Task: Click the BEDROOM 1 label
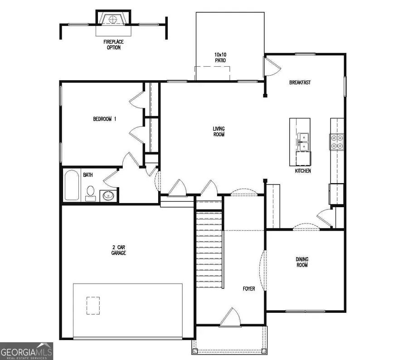(105, 119)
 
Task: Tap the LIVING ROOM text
(219, 131)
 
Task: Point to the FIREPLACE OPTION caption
(113, 44)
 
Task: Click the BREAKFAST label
(300, 83)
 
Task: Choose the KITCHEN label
(303, 171)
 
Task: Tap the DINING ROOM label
(302, 262)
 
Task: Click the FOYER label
(249, 288)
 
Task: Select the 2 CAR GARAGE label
(119, 250)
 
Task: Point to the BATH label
(88, 175)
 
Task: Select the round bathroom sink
(108, 196)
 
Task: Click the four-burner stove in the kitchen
(337, 141)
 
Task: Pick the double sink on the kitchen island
(303, 141)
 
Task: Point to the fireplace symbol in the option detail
(113, 19)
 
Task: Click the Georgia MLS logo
(27, 350)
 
